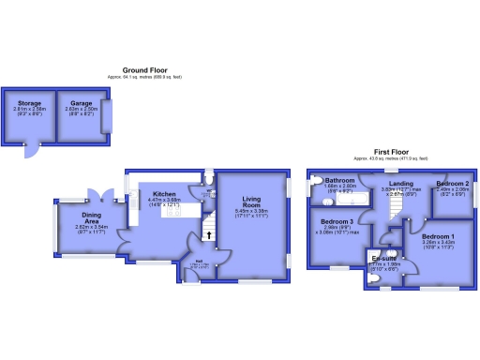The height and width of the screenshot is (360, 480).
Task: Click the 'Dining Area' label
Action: click(92, 215)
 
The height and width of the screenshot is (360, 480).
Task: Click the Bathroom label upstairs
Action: click(338, 180)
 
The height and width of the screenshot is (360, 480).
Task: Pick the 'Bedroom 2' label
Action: click(452, 183)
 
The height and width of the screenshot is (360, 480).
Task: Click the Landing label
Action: click(401, 183)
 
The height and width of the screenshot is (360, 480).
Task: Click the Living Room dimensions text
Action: click(250, 214)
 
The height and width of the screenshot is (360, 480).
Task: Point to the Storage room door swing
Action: click(33, 151)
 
